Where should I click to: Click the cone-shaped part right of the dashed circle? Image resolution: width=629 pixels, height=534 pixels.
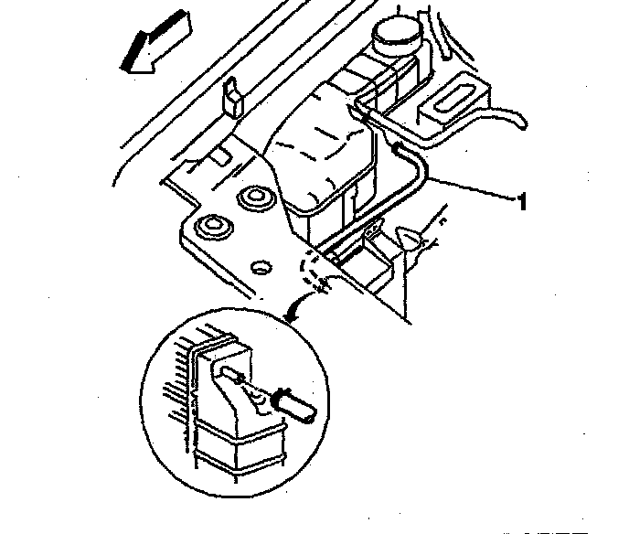coord(412,239)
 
